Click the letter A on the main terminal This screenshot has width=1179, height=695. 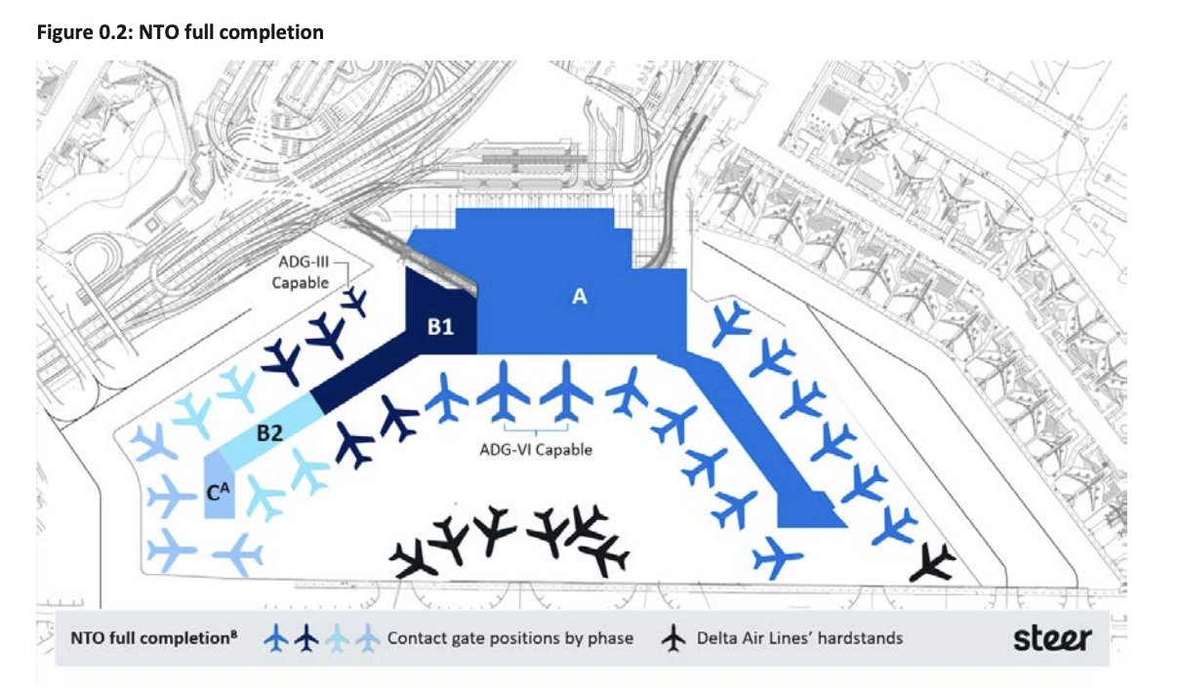pos(579,298)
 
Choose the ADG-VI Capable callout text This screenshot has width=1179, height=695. pos(536,451)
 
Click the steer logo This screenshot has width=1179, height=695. pos(1051,639)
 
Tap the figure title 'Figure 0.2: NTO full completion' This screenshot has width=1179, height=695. pos(180,33)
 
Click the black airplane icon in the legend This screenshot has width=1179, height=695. pos(673,639)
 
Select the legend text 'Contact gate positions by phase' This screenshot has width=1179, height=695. pos(509,639)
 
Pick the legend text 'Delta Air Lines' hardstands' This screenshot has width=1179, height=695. pos(799,639)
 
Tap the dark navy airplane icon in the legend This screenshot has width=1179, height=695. pos(306,639)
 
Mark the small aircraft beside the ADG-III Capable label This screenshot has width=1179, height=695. pos(355,302)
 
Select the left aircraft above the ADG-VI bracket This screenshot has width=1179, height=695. pos(504,391)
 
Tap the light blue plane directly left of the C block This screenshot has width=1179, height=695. pos(173,497)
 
